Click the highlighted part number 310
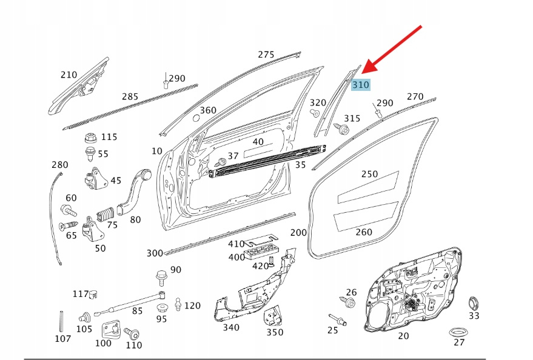click(x=360, y=85)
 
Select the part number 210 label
click(x=69, y=75)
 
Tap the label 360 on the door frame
click(x=208, y=110)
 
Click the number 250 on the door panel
click(x=369, y=174)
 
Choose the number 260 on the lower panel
click(x=363, y=232)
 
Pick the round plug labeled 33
click(x=474, y=302)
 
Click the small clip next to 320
click(x=315, y=113)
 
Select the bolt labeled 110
click(x=132, y=333)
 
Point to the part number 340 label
click(x=230, y=328)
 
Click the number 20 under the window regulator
click(x=403, y=336)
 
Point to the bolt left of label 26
click(x=349, y=301)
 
